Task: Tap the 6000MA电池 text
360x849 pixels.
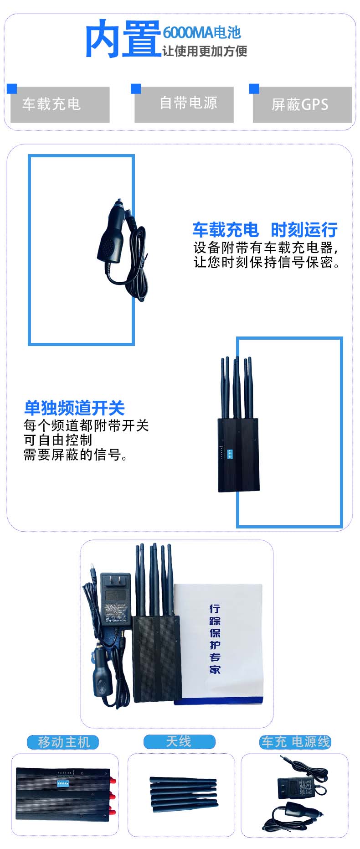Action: coord(201,32)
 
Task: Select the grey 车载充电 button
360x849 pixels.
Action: coord(60,105)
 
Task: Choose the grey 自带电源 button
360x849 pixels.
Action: coord(184,104)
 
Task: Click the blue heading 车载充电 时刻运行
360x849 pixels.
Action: coord(265,230)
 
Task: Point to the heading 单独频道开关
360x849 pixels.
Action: coord(74,408)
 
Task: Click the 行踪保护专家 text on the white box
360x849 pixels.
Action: coord(215,638)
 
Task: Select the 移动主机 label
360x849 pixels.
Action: coord(64,742)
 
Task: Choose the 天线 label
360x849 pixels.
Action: coord(179,741)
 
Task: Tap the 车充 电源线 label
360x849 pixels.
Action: coord(295,742)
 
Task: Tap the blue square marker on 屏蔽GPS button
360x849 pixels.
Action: coord(254,88)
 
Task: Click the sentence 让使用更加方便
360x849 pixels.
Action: coord(205,51)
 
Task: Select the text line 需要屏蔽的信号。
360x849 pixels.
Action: coord(75,455)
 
